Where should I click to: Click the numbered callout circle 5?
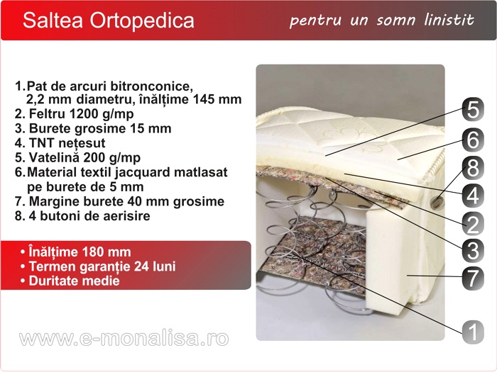473,110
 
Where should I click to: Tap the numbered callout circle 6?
473,139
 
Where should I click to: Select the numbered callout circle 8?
473,167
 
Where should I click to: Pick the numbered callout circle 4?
473,195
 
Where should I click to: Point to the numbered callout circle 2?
473,224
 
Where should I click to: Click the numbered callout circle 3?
473,251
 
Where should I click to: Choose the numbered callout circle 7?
473,278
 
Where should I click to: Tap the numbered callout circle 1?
473,332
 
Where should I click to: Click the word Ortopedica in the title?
142,21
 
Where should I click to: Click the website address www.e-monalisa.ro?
124,338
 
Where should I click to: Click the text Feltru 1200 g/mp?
81,114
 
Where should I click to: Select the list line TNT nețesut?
67,143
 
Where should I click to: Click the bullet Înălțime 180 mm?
80,252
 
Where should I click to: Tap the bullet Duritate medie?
74,281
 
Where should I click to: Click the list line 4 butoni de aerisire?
89,215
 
